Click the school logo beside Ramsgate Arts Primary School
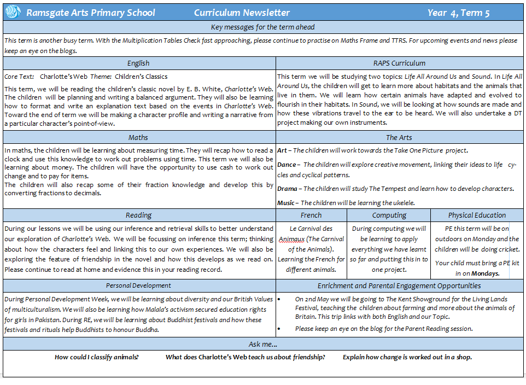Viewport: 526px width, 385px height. (14, 13)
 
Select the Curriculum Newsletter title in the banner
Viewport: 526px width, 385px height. (242, 13)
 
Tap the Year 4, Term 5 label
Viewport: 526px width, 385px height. (459, 13)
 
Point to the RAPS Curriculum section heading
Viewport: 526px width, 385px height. (399, 63)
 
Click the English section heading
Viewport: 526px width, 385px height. (138, 63)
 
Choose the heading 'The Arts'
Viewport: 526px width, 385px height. (399, 137)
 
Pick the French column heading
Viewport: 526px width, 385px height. (311, 215)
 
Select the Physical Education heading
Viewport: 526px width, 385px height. (477, 215)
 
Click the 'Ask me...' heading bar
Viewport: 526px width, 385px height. (262, 344)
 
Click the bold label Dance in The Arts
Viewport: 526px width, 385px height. (286, 165)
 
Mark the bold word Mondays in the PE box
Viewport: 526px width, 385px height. (484, 273)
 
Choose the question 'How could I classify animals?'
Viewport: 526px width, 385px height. (96, 357)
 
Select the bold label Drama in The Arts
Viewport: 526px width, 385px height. (288, 189)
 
